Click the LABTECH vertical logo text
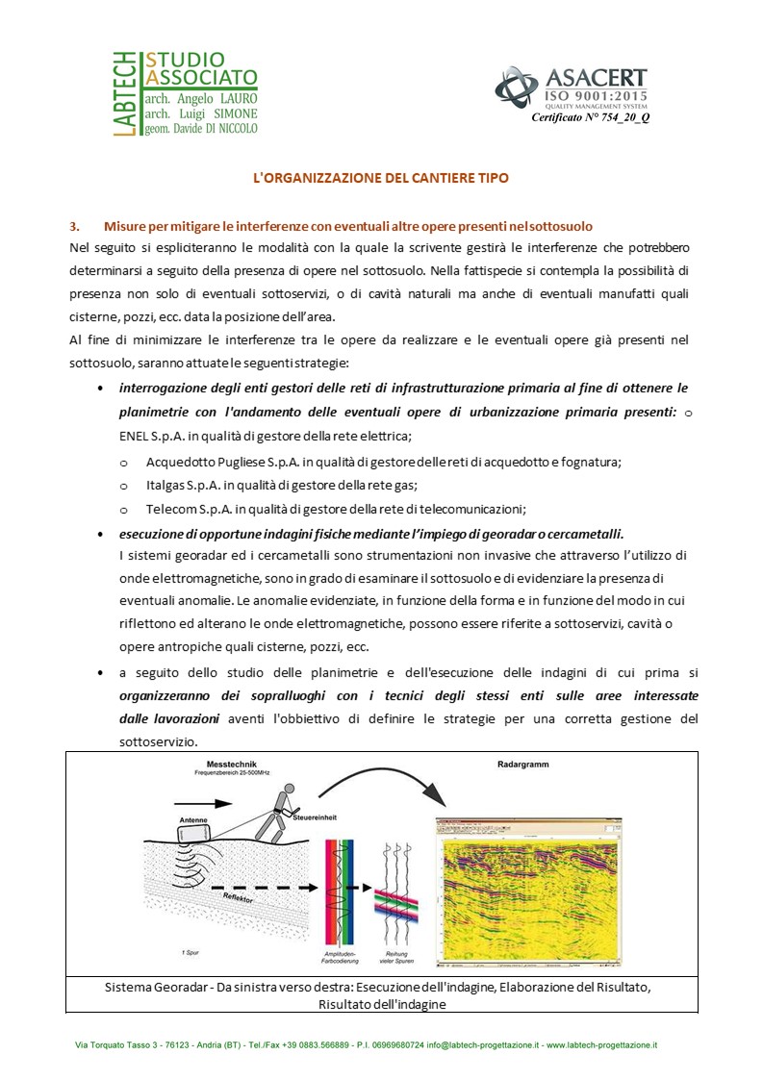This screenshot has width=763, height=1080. tap(122, 94)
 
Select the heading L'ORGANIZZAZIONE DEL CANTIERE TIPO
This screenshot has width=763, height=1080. tap(380, 178)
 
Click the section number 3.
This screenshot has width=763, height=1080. tap(74, 227)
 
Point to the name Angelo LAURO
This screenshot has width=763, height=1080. tap(216, 98)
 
